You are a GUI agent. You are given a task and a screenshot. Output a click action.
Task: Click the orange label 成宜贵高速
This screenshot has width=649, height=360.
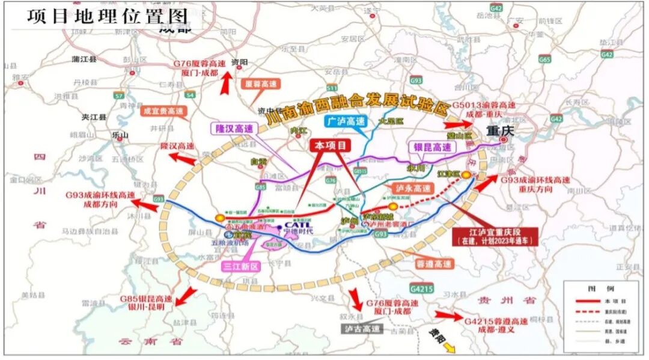click(x=163, y=111)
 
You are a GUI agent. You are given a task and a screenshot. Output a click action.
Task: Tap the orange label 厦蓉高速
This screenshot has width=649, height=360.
click(x=257, y=85)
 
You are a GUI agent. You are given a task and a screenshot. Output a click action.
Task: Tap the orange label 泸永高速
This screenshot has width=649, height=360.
click(x=414, y=189)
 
